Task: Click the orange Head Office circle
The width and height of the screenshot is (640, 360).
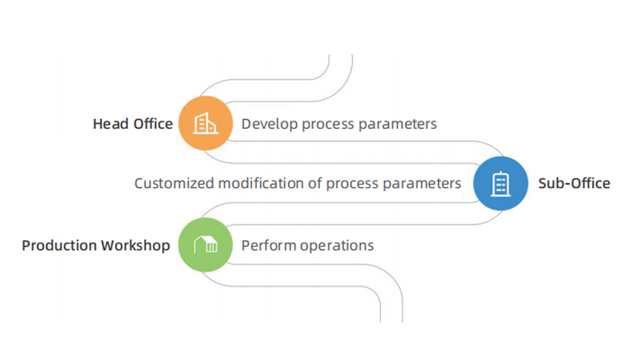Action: pos(206,123)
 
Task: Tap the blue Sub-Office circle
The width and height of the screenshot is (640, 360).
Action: pos(501,183)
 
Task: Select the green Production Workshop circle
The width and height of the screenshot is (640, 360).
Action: pos(206,245)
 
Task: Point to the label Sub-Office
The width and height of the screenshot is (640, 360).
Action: pos(574,183)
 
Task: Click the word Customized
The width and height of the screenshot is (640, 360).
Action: pos(174,184)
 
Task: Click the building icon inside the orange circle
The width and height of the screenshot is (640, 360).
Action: pos(206,123)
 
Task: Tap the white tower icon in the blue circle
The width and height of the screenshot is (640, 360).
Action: pos(501,183)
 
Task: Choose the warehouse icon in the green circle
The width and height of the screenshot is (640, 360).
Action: pos(206,245)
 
